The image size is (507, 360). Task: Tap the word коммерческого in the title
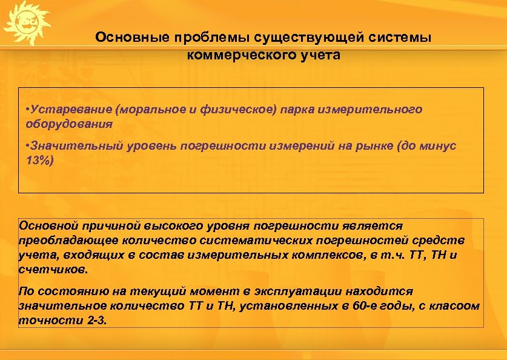pyautogui.click(x=231, y=55)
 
